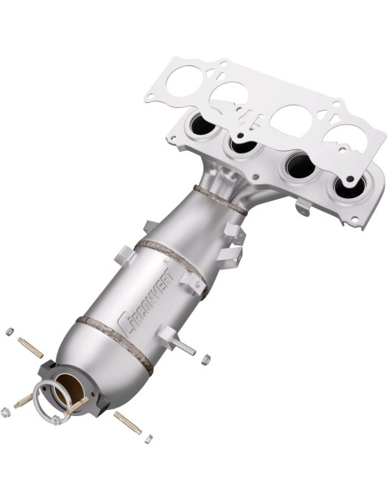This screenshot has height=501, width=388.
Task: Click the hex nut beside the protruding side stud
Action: tap(205, 359)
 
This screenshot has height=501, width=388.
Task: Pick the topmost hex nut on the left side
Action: tap(9, 331)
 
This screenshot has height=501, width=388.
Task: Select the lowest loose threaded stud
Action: tap(128, 422)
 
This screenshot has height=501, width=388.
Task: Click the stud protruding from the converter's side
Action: tap(181, 347)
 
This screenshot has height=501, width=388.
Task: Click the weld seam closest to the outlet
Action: tap(111, 341)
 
